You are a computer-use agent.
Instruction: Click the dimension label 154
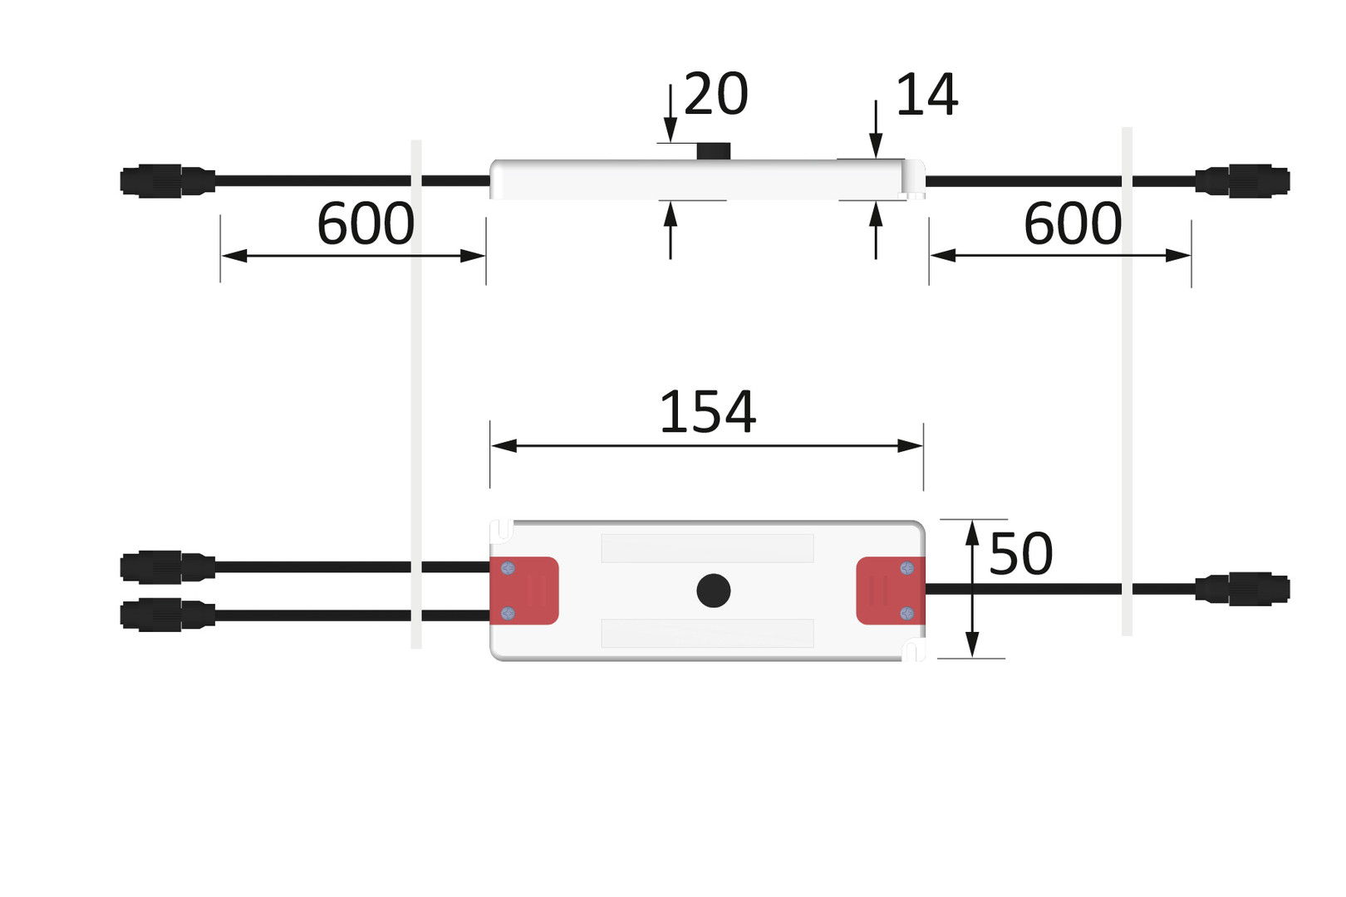coord(707,412)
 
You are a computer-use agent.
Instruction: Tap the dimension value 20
coord(715,95)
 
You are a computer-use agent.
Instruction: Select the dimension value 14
coord(926,95)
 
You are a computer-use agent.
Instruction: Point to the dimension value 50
coord(1020,554)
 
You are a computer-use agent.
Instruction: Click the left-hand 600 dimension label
coord(366,224)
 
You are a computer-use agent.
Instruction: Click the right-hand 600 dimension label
coord(1073,224)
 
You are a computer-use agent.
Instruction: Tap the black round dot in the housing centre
coord(713,591)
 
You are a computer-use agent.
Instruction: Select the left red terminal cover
coord(524,591)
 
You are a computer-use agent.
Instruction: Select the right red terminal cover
coord(891,591)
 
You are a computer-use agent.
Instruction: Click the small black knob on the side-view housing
coord(713,151)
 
